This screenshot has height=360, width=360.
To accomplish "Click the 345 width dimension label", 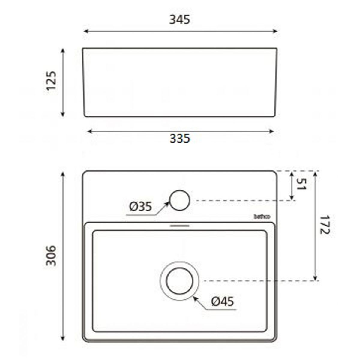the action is pyautogui.click(x=179, y=20).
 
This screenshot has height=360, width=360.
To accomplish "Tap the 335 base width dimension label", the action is pyautogui.click(x=180, y=138).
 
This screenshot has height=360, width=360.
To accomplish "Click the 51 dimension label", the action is pyautogui.click(x=301, y=184).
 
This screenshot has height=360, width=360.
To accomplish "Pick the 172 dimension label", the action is pyautogui.click(x=325, y=225).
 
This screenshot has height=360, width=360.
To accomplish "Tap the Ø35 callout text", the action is pyautogui.click(x=140, y=207).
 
